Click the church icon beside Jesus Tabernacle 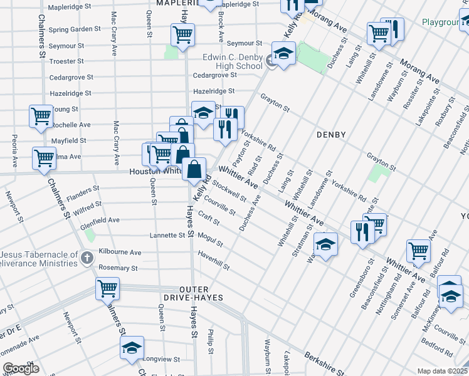(87, 258)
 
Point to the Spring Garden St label (75, 29)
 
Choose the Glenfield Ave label (100, 220)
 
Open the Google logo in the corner (21, 368)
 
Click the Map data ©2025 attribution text (442, 371)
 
